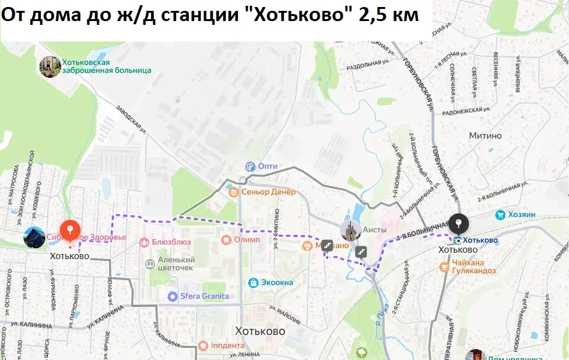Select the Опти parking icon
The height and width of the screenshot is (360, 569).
click(x=249, y=166)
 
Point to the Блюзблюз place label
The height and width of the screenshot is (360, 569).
click(x=171, y=242)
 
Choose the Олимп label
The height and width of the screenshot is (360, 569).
click(x=247, y=240)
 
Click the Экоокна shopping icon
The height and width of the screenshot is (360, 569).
click(x=253, y=281)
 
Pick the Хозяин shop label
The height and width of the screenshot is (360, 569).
click(x=521, y=215)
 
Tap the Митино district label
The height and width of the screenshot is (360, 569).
click(x=485, y=136)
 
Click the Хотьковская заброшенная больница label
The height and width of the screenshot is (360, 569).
click(x=107, y=66)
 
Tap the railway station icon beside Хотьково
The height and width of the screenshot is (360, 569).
click(x=457, y=241)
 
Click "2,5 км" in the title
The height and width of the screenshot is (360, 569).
click(x=388, y=15)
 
